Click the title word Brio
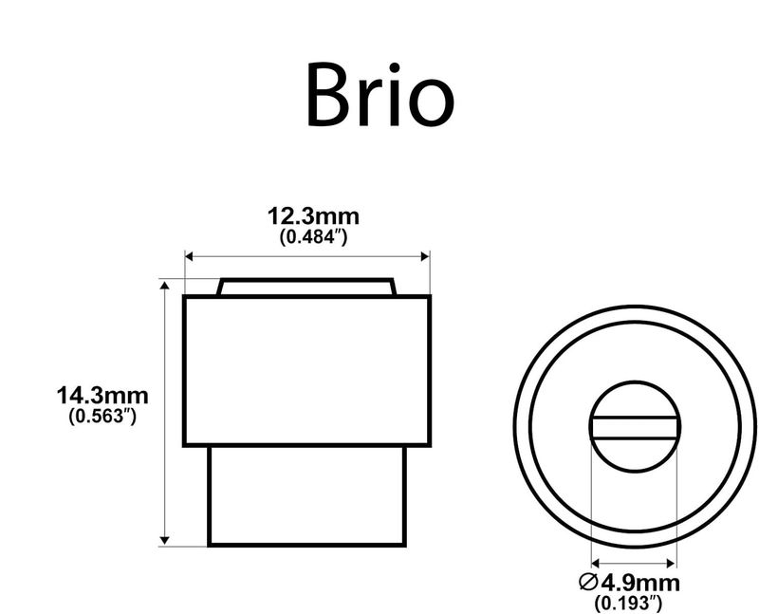(380, 94)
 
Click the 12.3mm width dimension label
(314, 216)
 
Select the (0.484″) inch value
(314, 237)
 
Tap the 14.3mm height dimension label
(102, 396)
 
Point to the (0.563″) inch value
(102, 416)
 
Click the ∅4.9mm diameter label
(629, 583)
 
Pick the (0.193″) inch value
(628, 603)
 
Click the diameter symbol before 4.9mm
(588, 582)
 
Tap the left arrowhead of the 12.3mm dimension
(189, 256)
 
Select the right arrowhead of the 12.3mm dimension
(425, 256)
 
